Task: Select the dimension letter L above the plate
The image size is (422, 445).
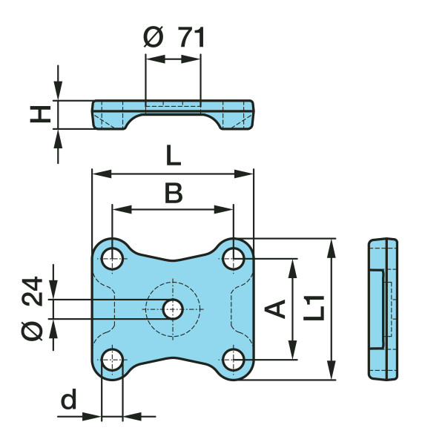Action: point(173,156)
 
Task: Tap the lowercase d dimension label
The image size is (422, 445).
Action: point(68,400)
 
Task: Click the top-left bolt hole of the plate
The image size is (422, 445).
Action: point(113,258)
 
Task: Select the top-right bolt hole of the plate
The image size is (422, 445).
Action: point(234,258)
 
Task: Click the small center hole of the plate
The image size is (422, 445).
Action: point(174,309)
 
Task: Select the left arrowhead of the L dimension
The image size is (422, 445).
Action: point(97,174)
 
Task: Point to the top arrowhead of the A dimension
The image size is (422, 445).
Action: point(294,265)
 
